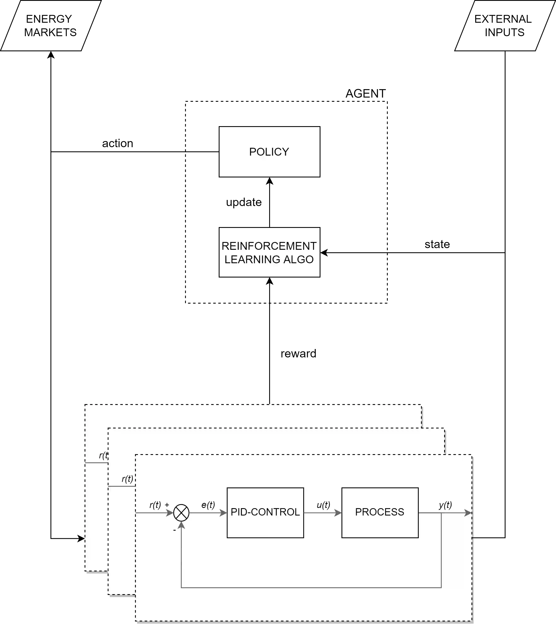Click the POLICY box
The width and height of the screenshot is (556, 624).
pyautogui.click(x=269, y=152)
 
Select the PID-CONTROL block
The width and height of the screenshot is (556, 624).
pyautogui.click(x=265, y=512)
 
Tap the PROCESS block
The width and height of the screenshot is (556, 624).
pyautogui.click(x=380, y=512)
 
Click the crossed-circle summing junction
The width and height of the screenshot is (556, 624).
pyautogui.click(x=181, y=513)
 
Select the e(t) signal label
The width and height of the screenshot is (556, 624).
pyautogui.click(x=208, y=505)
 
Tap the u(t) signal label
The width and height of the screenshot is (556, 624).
pyautogui.click(x=323, y=505)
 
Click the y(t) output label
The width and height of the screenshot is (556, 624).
pyautogui.click(x=445, y=505)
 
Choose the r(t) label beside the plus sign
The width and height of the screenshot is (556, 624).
pyautogui.click(x=155, y=505)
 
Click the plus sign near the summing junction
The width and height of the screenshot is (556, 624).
pyautogui.click(x=167, y=505)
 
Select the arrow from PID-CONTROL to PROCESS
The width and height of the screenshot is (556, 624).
pyautogui.click(x=322, y=513)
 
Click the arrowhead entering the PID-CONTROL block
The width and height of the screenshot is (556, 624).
pyautogui.click(x=223, y=513)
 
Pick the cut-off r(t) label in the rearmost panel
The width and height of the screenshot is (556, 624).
pyautogui.click(x=103, y=455)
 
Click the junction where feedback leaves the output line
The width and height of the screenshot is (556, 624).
pyautogui.click(x=441, y=513)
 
